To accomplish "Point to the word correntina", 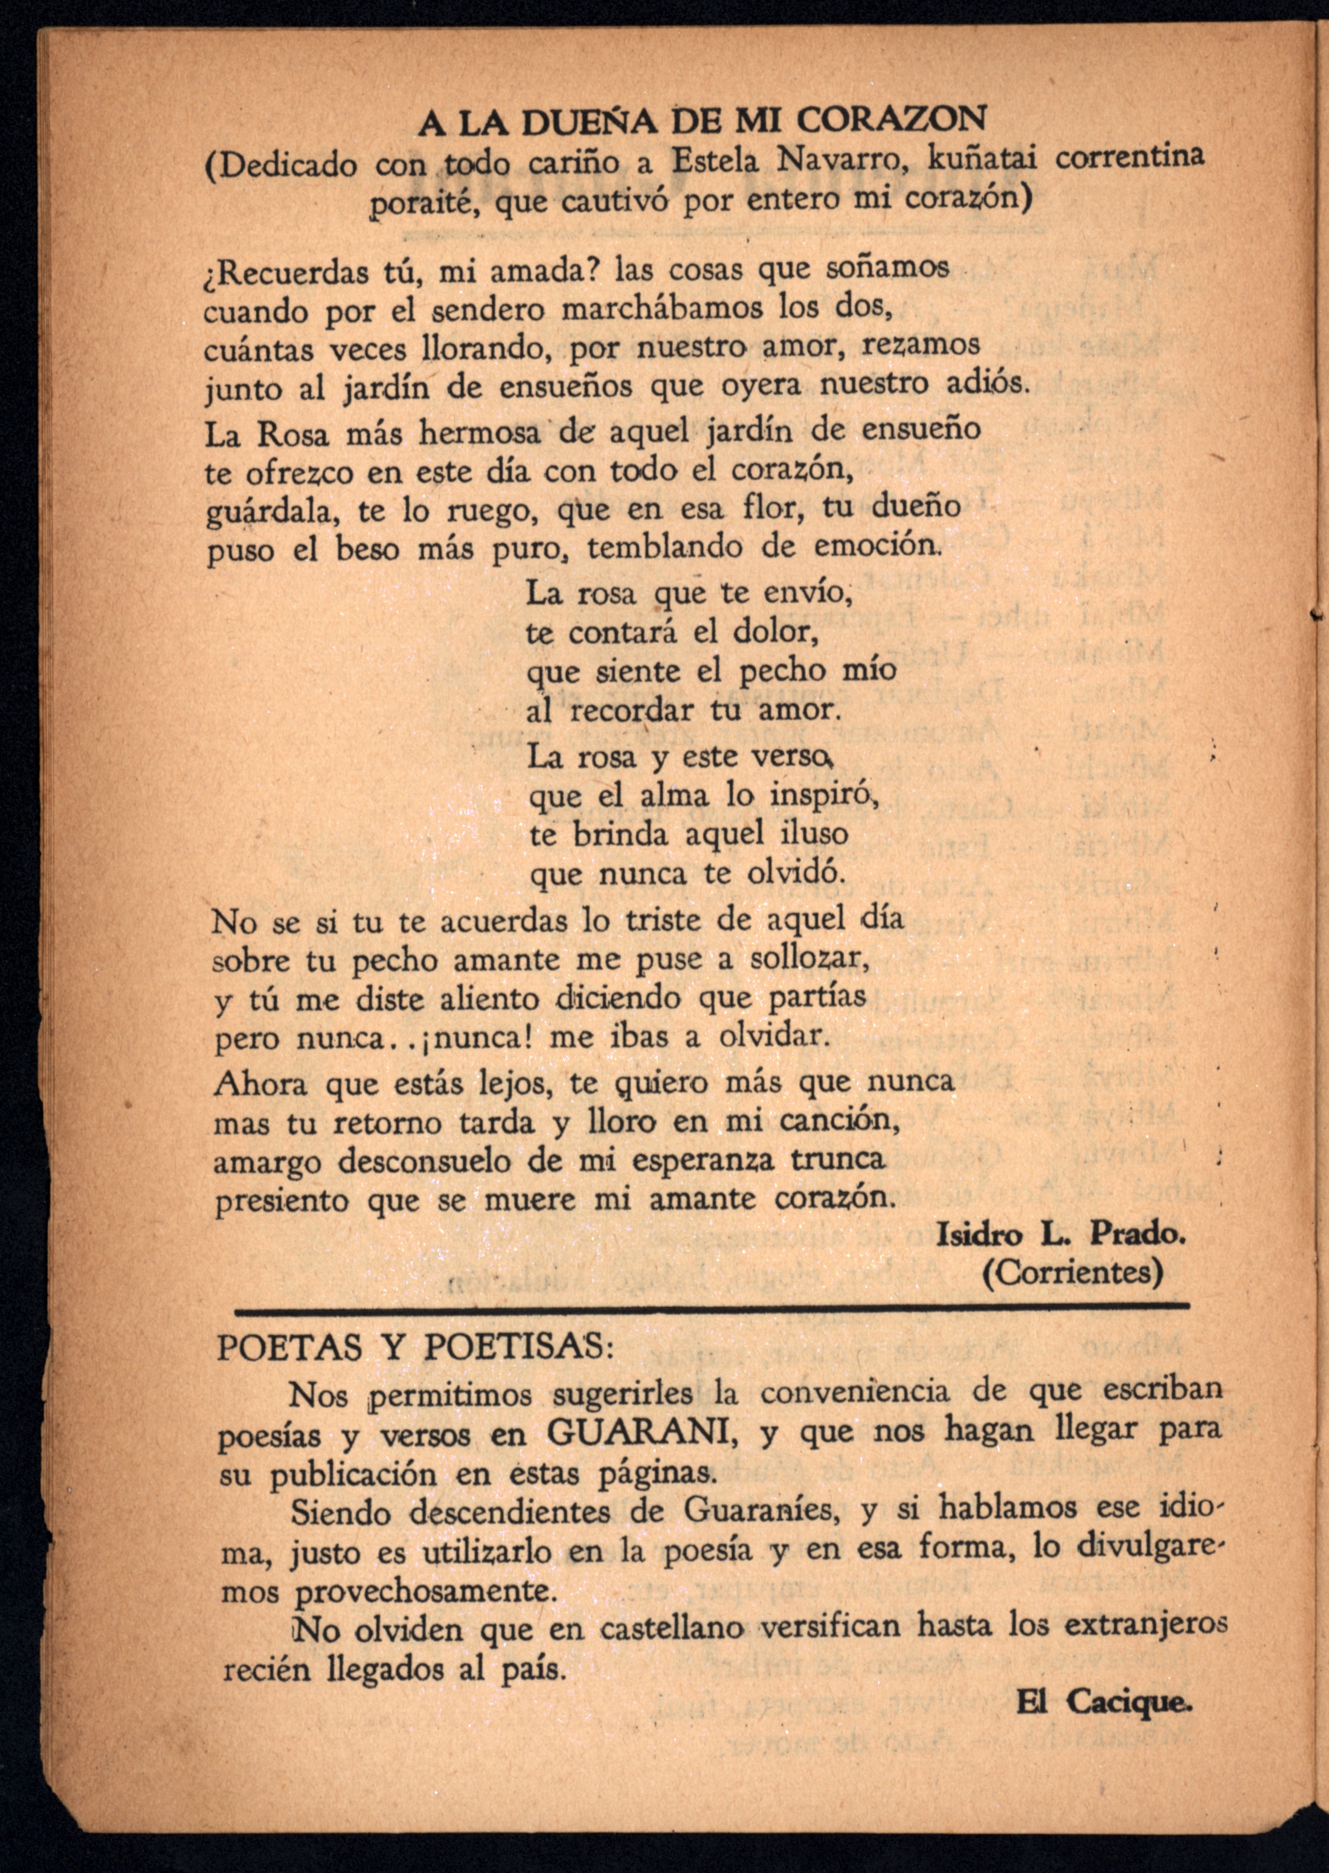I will [1130, 156].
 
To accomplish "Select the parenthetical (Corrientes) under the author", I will [1072, 1273].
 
